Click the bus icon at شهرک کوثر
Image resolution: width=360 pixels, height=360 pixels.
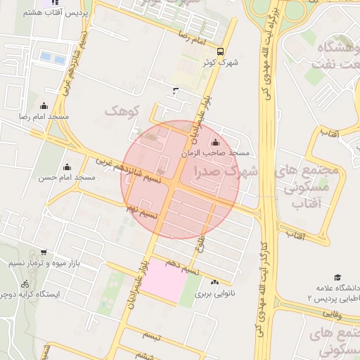pos(221,51)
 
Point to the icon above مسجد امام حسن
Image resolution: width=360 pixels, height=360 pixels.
pos(67,167)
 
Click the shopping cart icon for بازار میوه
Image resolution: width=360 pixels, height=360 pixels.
pos(44,252)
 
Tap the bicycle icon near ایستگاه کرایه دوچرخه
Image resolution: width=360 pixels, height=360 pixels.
pos(25,283)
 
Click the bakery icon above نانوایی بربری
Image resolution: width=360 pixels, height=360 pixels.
pos(214,281)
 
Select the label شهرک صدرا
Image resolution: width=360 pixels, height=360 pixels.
pos(230,171)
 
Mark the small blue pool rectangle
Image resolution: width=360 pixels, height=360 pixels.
pos(50,56)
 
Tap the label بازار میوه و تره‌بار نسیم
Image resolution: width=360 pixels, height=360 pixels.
pos(44,263)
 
